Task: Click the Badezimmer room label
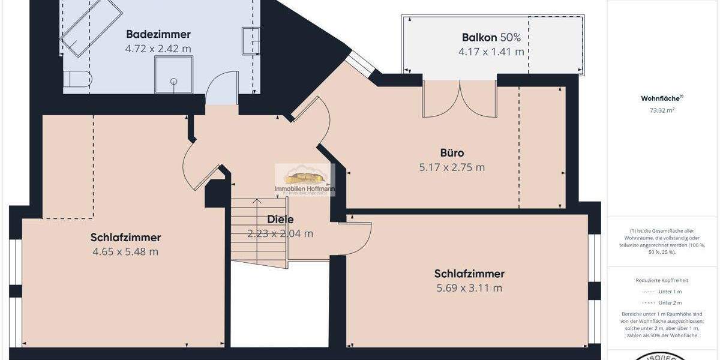158,34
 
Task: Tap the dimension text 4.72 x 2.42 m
158,49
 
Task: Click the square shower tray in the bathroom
174,74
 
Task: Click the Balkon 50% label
491,37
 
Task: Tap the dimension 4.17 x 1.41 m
491,52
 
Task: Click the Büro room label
452,153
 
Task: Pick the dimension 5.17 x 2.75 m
452,167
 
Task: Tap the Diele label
280,220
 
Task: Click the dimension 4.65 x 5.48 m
125,252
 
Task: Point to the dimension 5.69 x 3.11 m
469,288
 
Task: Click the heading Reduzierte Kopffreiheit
662,280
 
